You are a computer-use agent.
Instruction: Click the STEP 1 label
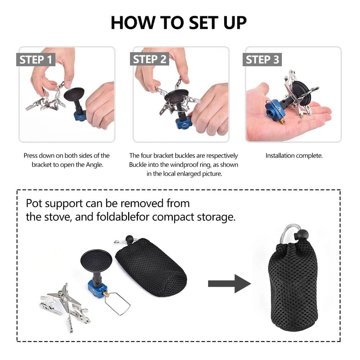pos(36,60)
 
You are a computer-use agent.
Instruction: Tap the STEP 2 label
pos(149,59)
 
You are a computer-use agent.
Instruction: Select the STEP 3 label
pos(262,60)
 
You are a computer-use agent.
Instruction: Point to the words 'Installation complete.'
pos(294,156)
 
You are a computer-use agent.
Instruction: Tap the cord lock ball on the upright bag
pos(301,234)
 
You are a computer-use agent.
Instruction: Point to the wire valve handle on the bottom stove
pos(118,303)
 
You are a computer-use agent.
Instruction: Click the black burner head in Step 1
pos(74,94)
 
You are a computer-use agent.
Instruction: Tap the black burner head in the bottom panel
pos(96,261)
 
